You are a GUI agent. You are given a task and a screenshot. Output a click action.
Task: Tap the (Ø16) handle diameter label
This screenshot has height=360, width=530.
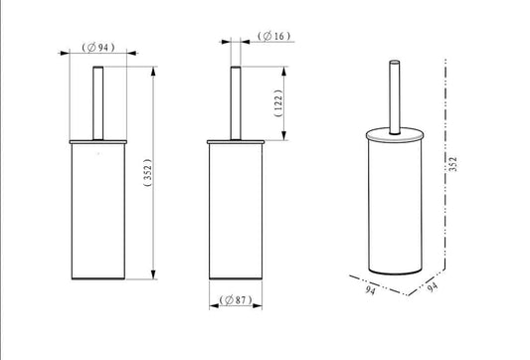[x=272, y=37]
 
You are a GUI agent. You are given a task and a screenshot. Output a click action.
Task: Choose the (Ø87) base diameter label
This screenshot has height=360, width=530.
[x=236, y=299]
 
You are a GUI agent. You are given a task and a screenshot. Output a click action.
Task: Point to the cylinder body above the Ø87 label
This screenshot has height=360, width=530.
[x=236, y=214]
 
